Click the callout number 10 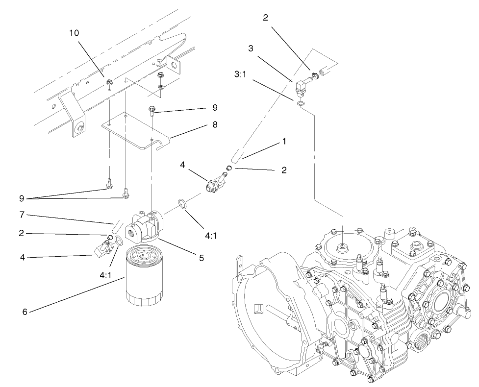(x=74, y=33)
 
